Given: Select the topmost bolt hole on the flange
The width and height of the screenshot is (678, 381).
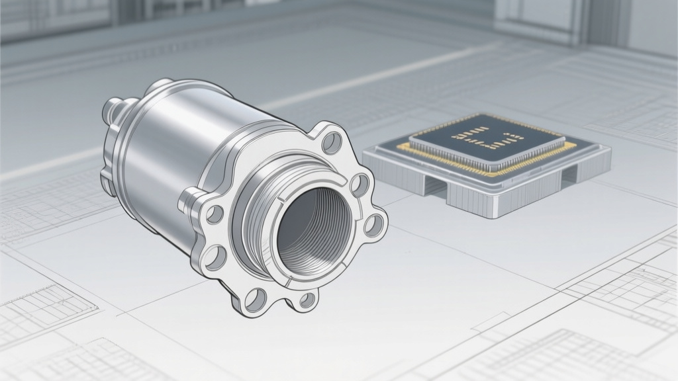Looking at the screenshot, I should point(330,141).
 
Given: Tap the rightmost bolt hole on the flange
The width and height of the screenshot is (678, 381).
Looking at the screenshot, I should point(375,226).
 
